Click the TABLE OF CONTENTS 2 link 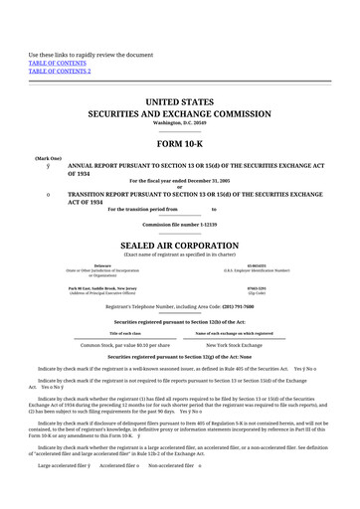60,72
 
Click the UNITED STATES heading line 179,102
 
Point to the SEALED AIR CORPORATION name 179,245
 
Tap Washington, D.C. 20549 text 179,122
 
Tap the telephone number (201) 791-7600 242,308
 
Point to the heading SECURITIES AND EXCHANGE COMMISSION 179,114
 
